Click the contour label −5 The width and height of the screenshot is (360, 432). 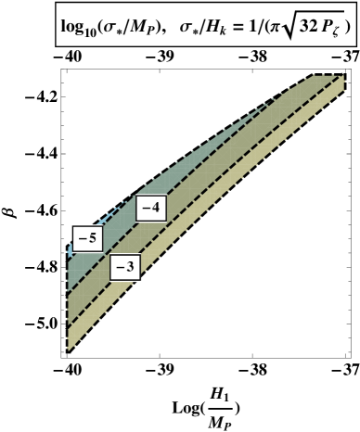pyautogui.click(x=87, y=238)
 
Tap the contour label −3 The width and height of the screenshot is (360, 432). pyautogui.click(x=125, y=269)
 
